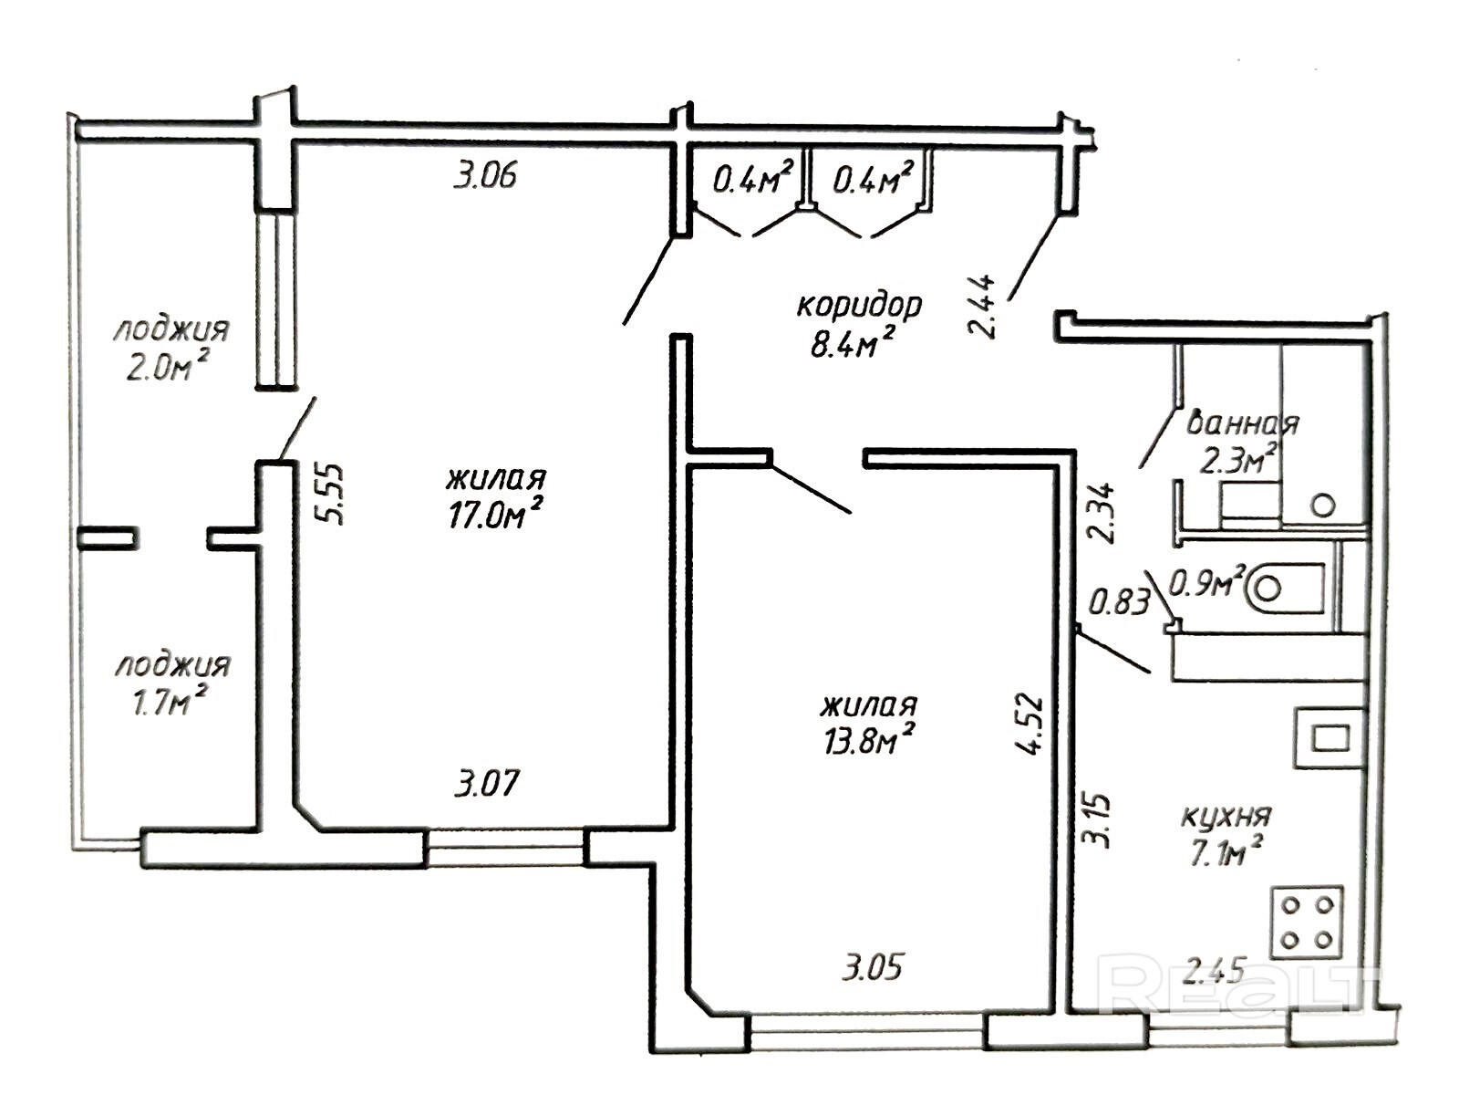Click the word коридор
coord(860,307)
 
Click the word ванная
coord(1242,423)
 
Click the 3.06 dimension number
coord(484,177)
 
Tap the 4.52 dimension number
coord(1029,724)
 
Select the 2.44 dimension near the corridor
coord(983,308)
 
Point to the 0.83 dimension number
coord(1120,603)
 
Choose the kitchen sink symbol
coord(1330,738)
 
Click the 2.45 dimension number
coord(1215,972)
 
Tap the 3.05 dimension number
coord(873,967)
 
